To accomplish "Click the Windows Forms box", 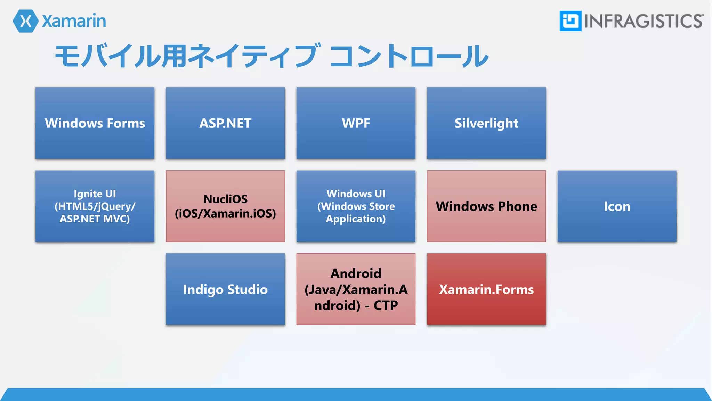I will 95,123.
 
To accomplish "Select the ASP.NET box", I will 225,123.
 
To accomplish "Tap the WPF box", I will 356,123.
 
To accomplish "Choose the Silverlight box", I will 486,123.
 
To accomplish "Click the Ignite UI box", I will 95,206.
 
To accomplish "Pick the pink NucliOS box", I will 225,206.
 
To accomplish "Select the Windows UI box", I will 356,206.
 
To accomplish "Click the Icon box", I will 617,206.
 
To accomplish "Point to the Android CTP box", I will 356,289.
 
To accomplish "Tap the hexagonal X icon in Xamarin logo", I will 25,21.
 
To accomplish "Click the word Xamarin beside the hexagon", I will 74,21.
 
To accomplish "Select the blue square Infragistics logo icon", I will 570,21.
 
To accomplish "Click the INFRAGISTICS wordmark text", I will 643,21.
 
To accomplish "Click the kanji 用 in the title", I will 174,56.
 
